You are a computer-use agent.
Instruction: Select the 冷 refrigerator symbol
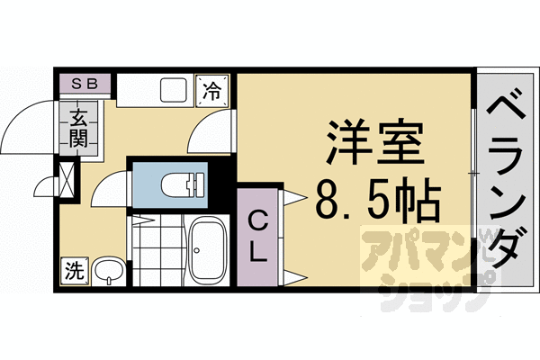[212, 90]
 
